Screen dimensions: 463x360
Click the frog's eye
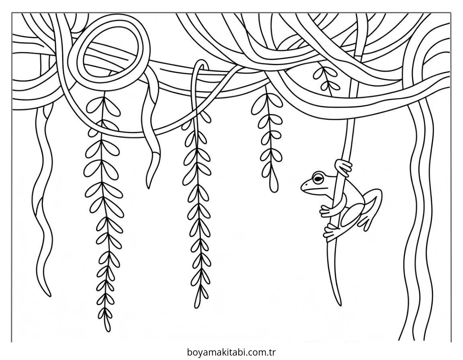pos(318,178)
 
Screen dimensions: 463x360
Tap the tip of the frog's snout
pos(301,187)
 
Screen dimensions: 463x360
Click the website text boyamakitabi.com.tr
pos(231,352)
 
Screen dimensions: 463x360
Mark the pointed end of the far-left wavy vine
pos(49,295)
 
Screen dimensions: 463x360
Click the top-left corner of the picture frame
pos(12,13)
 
